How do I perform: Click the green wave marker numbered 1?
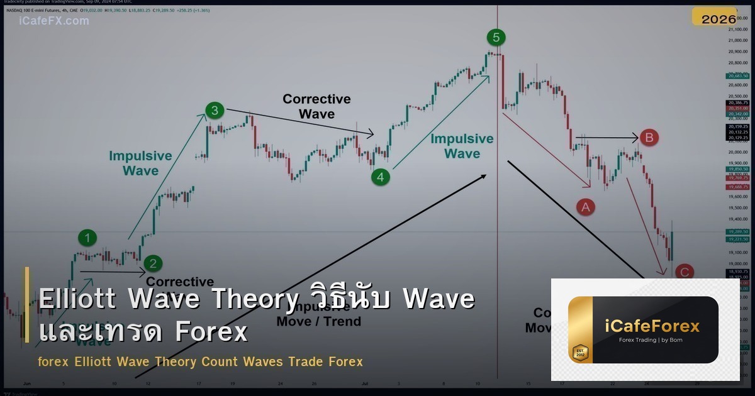(87, 238)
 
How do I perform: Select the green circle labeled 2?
(152, 263)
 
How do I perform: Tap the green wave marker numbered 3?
(215, 111)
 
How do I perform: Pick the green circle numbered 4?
(380, 177)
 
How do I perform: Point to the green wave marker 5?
(496, 38)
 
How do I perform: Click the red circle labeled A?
(586, 206)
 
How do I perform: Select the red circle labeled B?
(649, 137)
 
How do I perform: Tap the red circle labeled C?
(684, 272)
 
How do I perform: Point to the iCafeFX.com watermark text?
(54, 21)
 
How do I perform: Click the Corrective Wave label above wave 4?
(316, 106)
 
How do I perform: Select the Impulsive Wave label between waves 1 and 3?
(140, 163)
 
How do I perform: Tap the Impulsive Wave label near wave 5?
(462, 146)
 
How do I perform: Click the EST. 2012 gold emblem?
(580, 353)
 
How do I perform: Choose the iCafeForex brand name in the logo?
(652, 326)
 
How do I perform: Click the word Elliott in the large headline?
(77, 299)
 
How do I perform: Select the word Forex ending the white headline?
(211, 332)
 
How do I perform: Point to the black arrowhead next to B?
(636, 137)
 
